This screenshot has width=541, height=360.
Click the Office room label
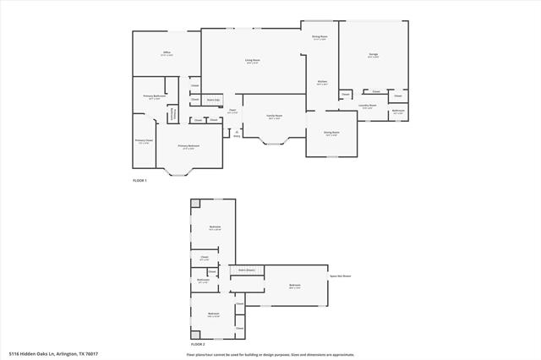pos(167,53)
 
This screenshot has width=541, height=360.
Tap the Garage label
pos(373,56)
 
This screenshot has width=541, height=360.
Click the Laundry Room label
pos(367,106)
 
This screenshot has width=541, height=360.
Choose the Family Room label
pos(274,116)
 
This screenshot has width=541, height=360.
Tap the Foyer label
pos(232,111)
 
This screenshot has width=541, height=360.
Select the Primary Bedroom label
pos(189,146)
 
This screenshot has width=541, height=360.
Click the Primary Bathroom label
pos(154,98)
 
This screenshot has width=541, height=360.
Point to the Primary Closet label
pos(143,141)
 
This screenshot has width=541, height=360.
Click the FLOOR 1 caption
pos(139,181)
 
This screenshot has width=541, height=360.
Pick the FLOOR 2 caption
pos(198,345)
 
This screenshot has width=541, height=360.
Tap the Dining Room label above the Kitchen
pos(320,37)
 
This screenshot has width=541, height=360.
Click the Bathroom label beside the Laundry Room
pos(397,112)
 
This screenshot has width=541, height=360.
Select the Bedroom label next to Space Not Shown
pos(294,286)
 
